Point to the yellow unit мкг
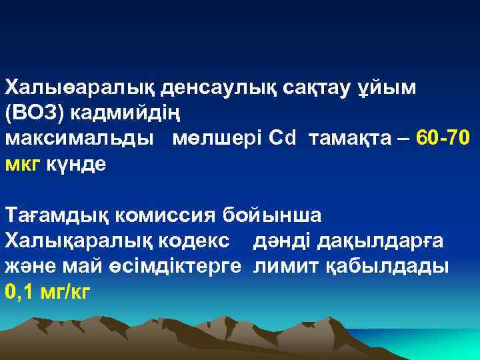click(23, 164)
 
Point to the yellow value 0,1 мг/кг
click(48, 291)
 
